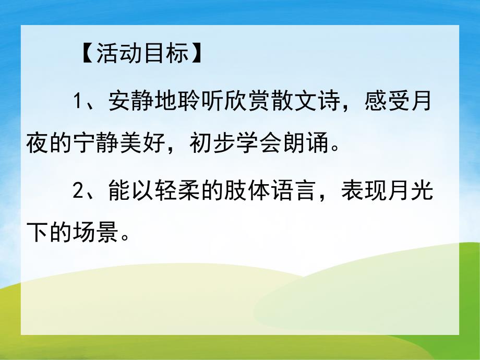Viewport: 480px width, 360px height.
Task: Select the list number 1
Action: point(78,101)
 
